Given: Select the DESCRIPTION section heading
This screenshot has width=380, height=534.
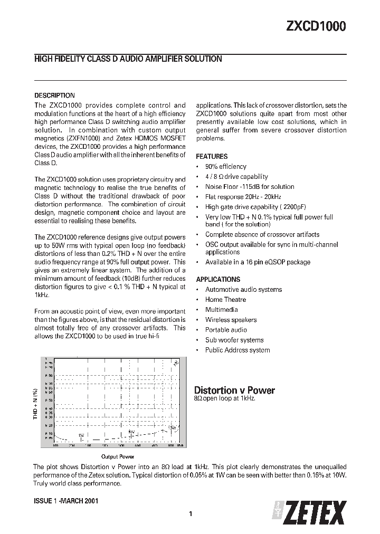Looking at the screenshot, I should (x=54, y=96).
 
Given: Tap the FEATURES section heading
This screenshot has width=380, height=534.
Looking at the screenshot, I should (x=212, y=157).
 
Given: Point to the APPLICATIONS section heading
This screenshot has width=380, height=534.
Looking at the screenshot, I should (x=218, y=279).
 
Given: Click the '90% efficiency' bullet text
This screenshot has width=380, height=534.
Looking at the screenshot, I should (x=225, y=167).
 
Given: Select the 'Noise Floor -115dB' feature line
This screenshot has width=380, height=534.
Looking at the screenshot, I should (x=249, y=187).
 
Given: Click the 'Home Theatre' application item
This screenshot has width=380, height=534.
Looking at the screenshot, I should (x=225, y=300).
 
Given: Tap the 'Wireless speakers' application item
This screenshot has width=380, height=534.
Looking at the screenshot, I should (x=231, y=320).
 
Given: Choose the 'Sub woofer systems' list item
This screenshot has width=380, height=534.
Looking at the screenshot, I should (x=234, y=340).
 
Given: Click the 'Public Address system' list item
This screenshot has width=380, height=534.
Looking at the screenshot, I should (x=237, y=350).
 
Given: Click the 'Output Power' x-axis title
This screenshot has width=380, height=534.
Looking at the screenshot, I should (x=118, y=456).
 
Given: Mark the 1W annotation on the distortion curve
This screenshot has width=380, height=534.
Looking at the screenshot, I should (x=81, y=435).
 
